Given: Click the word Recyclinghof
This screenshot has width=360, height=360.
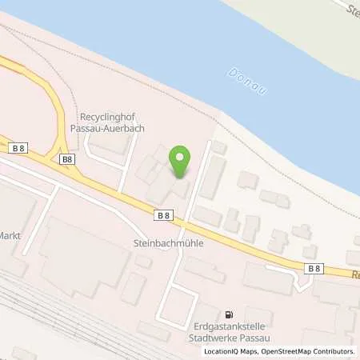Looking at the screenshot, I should click(111, 117).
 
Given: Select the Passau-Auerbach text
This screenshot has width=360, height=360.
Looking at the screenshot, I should click(114, 128).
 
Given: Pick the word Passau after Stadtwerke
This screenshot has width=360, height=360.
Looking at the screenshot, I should click(255, 338).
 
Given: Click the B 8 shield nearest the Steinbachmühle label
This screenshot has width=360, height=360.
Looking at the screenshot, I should click(163, 215).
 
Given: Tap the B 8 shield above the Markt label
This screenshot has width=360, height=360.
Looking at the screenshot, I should click(19, 148).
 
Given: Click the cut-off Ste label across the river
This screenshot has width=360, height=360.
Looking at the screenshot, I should click(351, 10).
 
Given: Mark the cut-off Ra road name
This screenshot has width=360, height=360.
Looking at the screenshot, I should click(355, 274).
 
